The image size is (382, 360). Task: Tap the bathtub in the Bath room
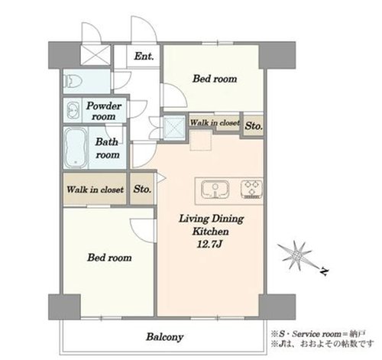pyautogui.click(x=75, y=148)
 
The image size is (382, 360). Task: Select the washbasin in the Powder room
pyautogui.click(x=73, y=112)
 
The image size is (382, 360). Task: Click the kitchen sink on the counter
pyautogui.click(x=215, y=190)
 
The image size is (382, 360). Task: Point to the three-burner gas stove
pyautogui.click(x=251, y=189)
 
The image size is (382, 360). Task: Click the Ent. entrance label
pyautogui.click(x=144, y=56)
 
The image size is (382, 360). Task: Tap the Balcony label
pyautogui.click(x=165, y=337)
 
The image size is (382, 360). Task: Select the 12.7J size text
pyautogui.click(x=210, y=245)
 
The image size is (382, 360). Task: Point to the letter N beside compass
pyautogui.click(x=324, y=271)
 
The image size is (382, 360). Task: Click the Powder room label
pyautogui.click(x=104, y=111)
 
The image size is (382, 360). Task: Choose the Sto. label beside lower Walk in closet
pyautogui.click(x=142, y=189)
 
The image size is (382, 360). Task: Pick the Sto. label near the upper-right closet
pyautogui.click(x=254, y=126)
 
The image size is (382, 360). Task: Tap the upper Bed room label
pyautogui.click(x=215, y=79)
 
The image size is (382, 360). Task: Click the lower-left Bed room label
pyautogui.click(x=109, y=258)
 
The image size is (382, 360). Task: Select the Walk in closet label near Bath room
pyautogui.click(x=95, y=190)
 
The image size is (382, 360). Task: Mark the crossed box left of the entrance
pyautogui.click(x=95, y=55)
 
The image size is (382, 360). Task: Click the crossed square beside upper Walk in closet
pyautogui.click(x=174, y=127)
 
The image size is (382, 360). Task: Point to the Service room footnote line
pyautogui.click(x=319, y=334)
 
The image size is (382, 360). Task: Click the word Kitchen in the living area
pyautogui.click(x=210, y=232)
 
